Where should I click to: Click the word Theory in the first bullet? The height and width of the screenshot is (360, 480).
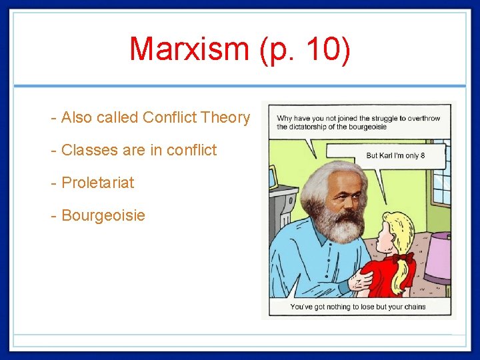225,118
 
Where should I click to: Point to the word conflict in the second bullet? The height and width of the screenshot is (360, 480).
191,150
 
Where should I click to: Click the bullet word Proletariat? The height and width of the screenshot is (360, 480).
97,183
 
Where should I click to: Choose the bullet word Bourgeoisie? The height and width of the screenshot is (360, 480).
103,215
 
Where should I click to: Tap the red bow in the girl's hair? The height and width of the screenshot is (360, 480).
403,257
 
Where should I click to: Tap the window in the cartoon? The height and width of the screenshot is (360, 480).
442,180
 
